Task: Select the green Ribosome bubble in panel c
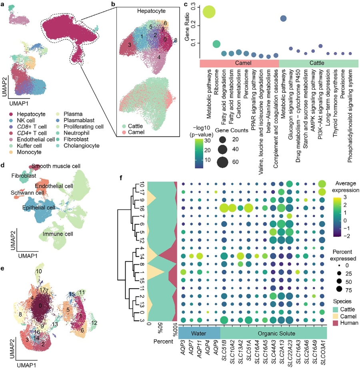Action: pos(216,44)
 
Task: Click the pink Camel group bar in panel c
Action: pos(238,63)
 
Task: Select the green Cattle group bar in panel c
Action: pos(318,63)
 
